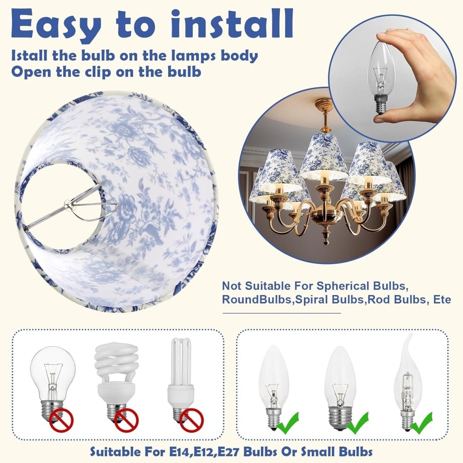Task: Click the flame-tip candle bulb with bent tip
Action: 408,384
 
